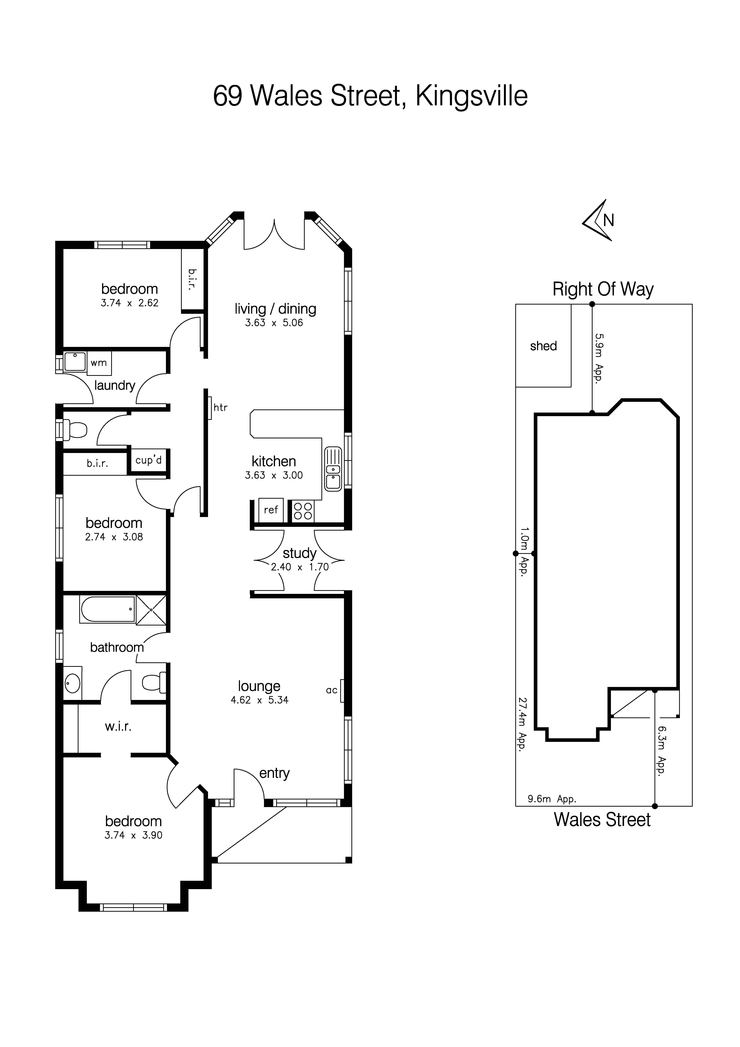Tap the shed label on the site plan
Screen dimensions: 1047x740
543,346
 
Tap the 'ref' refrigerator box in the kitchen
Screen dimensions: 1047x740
271,510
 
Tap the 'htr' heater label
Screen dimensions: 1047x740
220,407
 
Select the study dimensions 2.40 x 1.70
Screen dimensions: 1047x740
299,567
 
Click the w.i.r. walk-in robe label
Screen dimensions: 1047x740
118,726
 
